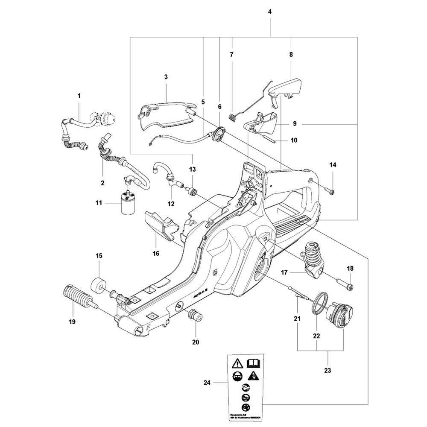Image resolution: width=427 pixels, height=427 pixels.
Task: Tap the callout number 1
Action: (x=79, y=96)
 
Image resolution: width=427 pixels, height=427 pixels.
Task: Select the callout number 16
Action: (x=156, y=253)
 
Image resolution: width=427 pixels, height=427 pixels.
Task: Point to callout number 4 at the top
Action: (x=270, y=12)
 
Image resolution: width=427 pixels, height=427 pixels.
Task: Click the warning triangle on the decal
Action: (x=237, y=364)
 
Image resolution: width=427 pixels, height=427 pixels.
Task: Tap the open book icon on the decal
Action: (x=254, y=364)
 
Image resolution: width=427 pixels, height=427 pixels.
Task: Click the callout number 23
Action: (x=328, y=370)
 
